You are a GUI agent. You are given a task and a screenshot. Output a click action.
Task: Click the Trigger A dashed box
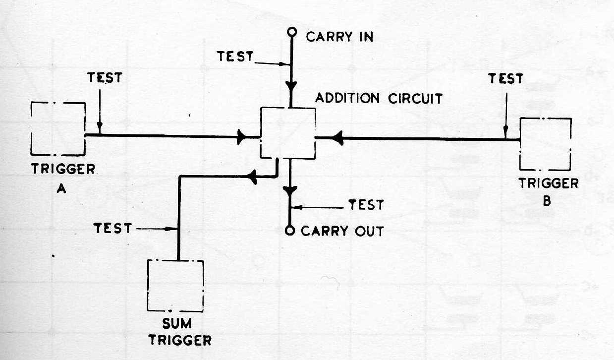point(57,129)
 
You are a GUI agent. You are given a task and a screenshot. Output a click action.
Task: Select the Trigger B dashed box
point(545,144)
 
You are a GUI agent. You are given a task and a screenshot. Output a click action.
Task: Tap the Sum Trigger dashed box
point(175,285)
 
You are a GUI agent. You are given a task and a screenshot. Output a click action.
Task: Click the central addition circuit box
point(288,133)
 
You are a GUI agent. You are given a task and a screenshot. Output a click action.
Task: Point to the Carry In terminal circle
point(292,33)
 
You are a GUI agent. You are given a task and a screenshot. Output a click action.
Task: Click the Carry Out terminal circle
point(291,231)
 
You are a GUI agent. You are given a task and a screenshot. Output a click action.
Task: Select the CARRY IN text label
point(339,37)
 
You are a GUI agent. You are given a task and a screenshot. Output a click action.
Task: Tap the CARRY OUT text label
point(342,231)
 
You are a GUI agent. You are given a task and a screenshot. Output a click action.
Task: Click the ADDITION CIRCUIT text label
point(379,98)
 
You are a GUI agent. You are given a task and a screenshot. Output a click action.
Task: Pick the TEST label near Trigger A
point(104,77)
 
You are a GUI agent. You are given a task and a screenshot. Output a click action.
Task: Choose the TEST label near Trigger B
point(505,78)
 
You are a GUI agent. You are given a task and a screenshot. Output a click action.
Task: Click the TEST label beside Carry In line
point(235,56)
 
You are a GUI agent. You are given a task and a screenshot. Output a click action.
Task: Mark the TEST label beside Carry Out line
point(366,205)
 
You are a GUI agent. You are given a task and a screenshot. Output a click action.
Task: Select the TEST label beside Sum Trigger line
point(113,228)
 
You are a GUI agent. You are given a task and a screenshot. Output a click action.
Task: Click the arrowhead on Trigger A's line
point(241,137)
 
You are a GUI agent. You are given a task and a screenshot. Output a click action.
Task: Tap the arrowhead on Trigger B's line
point(338,139)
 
